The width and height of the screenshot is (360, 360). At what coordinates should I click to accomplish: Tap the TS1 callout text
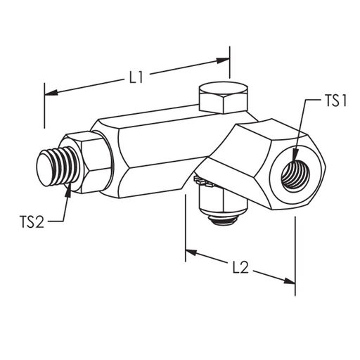(x=335, y=101)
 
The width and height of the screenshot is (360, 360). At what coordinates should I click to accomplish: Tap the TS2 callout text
(x=32, y=223)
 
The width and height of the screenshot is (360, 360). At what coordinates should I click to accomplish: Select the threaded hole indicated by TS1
(x=293, y=171)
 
